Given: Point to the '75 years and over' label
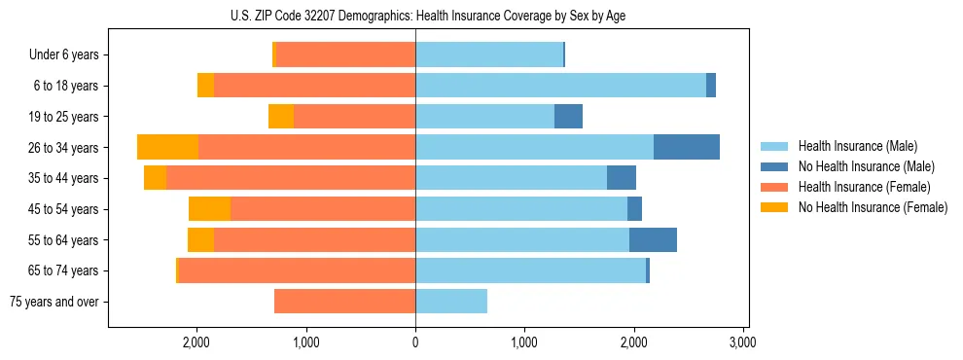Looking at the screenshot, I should tap(54, 302).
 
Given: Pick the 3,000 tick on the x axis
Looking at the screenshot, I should tap(742, 342).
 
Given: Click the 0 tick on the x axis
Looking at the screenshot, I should tap(415, 342).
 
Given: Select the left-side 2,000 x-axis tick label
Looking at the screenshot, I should tap(197, 342).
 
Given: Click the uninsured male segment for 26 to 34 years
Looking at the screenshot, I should tap(687, 147).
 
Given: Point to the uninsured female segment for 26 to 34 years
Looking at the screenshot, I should tap(167, 147).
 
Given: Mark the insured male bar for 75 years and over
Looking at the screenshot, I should tap(451, 302).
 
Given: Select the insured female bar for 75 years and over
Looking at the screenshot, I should tap(344, 302).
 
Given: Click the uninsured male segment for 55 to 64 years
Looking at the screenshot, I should tap(653, 239).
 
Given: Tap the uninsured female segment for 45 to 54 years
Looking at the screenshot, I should tap(209, 208).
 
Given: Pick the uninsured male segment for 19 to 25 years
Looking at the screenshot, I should tap(568, 117).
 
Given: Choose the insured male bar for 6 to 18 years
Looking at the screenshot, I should tap(560, 86).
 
